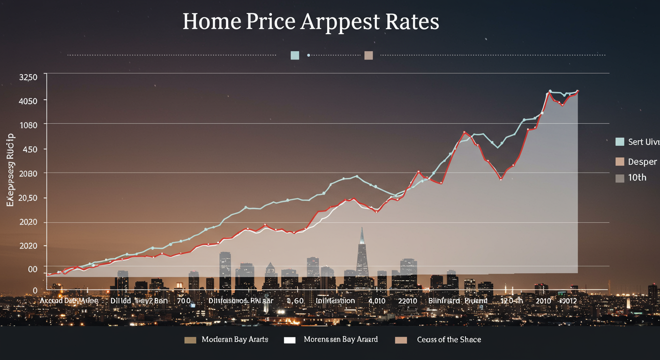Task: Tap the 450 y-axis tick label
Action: coord(28,150)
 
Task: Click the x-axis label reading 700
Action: coord(183,300)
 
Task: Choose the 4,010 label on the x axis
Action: coord(377,300)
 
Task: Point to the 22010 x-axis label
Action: coord(407,300)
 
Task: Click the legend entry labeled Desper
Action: coord(642,162)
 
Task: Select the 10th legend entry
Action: coord(637,178)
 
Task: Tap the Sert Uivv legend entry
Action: coord(643,142)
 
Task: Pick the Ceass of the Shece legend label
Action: coord(449,339)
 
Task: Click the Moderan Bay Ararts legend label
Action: coord(234,339)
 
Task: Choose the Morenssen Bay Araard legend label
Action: coord(340,339)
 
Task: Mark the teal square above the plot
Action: coord(295,55)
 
